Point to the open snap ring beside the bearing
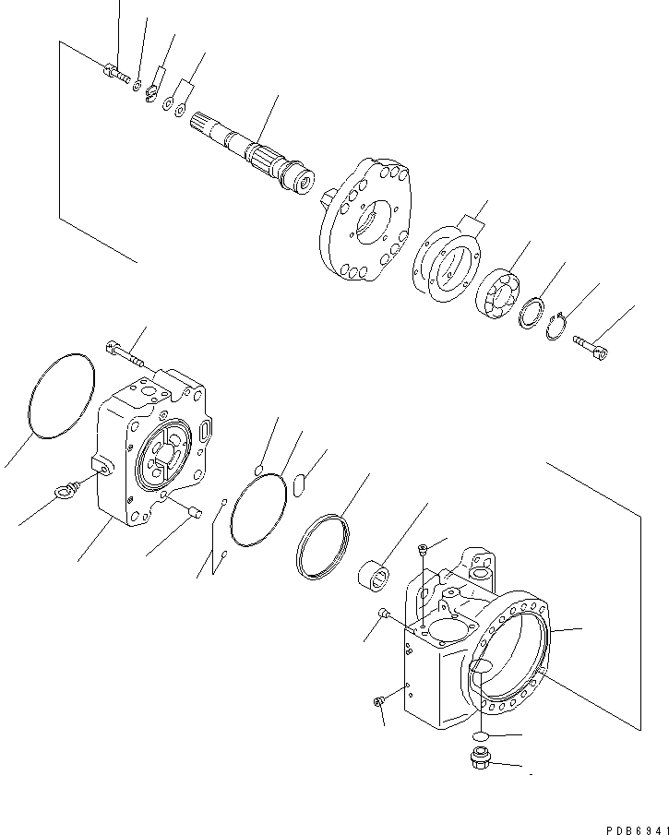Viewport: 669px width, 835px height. click(556, 326)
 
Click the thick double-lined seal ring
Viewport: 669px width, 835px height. click(322, 548)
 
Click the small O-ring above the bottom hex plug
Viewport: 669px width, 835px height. click(477, 734)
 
